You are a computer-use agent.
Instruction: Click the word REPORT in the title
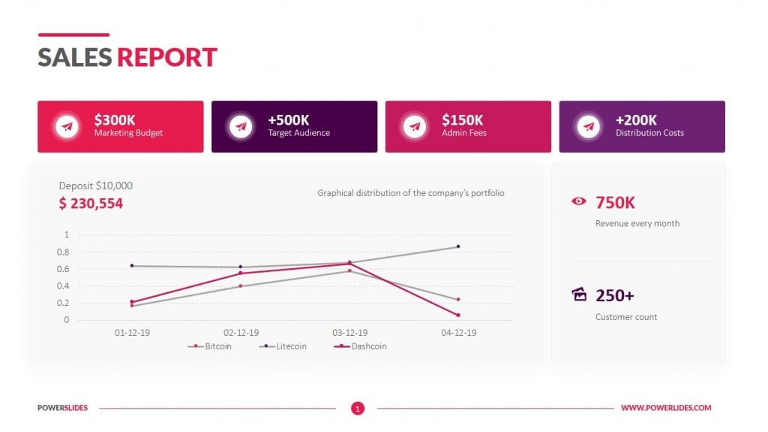coord(166,57)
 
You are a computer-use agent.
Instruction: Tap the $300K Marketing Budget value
coord(115,119)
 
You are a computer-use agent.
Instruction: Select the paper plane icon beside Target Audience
coord(241,126)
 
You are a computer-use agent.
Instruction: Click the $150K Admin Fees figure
coord(462,119)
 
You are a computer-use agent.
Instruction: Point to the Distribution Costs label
coord(649,133)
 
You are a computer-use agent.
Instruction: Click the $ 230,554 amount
coord(91,203)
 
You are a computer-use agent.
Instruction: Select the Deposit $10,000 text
coord(95,185)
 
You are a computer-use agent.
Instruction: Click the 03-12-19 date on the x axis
coord(349,332)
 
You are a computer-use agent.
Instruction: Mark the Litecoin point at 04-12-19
coord(458,246)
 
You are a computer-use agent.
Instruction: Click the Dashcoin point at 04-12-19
coord(458,315)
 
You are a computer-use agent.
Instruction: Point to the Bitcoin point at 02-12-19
coord(241,285)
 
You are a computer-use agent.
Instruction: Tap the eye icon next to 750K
coord(579,201)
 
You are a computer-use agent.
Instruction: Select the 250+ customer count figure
coord(615,295)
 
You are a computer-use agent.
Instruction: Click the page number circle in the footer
coord(358,408)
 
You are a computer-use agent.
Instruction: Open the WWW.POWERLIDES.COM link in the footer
coord(666,408)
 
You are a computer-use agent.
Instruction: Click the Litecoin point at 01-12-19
coord(132,265)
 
